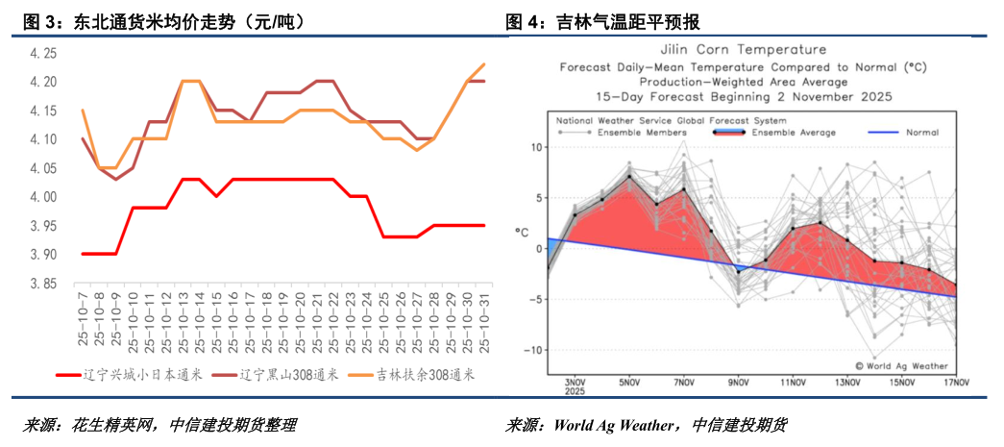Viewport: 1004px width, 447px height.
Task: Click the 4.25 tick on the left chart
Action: pos(44,53)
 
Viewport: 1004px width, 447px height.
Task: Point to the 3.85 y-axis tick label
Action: pos(44,284)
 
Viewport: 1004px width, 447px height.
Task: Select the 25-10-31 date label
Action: pos(483,323)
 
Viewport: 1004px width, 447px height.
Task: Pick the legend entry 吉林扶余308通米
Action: pos(418,374)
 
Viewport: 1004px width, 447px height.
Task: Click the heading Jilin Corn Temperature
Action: pos(743,49)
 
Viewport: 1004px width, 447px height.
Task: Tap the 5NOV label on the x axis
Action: pos(629,383)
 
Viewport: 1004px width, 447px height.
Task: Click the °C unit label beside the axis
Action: pos(523,232)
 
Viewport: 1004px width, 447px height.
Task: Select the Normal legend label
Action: pos(920,133)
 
